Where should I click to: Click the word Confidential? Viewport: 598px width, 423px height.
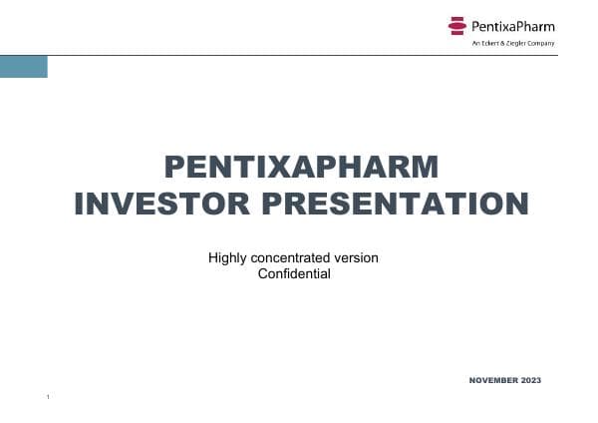pyautogui.click(x=293, y=273)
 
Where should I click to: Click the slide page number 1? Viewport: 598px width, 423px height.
pyautogui.click(x=47, y=398)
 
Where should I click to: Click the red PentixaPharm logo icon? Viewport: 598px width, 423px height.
pyautogui.click(x=457, y=25)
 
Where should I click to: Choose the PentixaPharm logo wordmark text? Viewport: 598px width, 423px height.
pyautogui.click(x=512, y=26)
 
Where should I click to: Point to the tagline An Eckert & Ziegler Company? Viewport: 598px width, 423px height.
pyautogui.click(x=512, y=43)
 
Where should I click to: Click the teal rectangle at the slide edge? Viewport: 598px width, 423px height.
pyautogui.click(x=23, y=67)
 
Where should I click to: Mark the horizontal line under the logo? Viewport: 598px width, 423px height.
pyautogui.click(x=299, y=55)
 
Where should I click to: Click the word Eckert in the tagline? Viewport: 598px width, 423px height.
pyautogui.click(x=487, y=43)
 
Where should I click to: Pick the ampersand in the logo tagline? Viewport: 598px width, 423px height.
pyautogui.click(x=500, y=43)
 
